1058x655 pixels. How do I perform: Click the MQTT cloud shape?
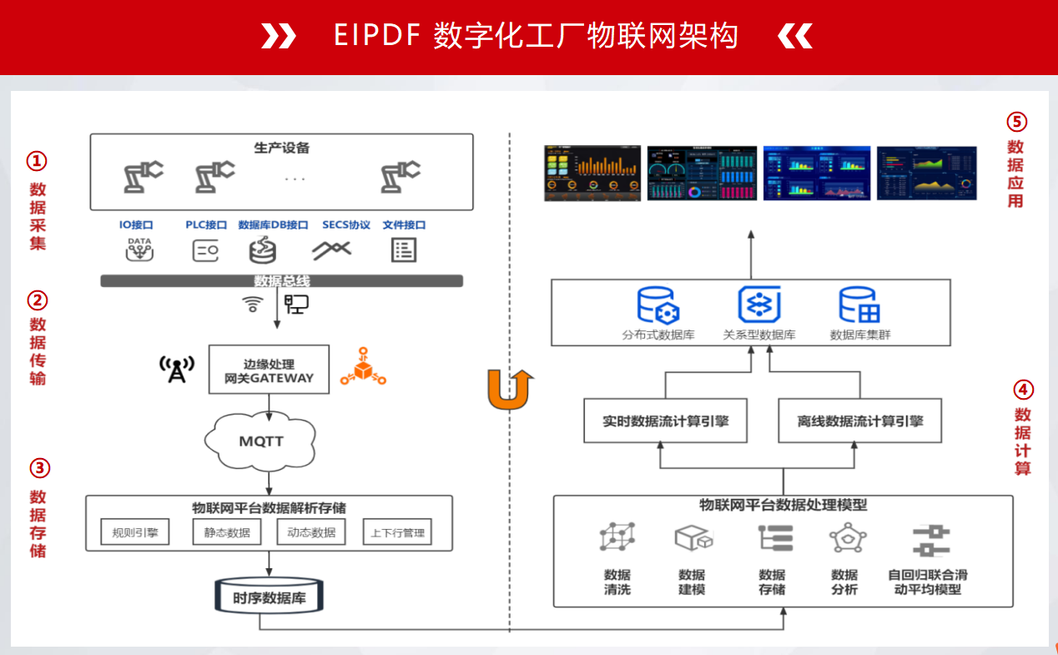(262, 440)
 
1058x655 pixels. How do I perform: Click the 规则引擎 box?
(134, 532)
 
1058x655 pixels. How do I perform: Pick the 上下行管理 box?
(397, 532)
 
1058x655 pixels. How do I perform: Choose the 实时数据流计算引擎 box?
(665, 421)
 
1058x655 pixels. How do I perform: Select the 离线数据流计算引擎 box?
(859, 421)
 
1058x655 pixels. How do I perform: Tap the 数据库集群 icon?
(859, 305)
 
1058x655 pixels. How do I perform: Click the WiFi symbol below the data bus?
(252, 305)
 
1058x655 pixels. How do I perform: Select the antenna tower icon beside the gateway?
(177, 369)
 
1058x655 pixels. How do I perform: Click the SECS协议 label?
(346, 225)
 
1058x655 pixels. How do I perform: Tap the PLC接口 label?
(206, 225)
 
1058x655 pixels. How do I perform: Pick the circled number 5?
(1016, 122)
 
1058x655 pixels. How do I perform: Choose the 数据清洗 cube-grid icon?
(617, 537)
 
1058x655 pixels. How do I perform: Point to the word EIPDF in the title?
(375, 36)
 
